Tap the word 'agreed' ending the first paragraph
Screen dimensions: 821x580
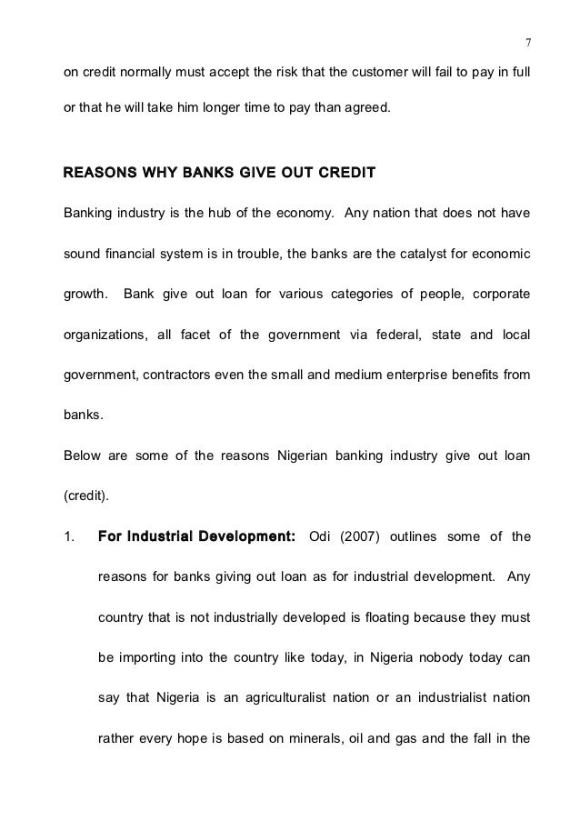[x=365, y=108]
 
